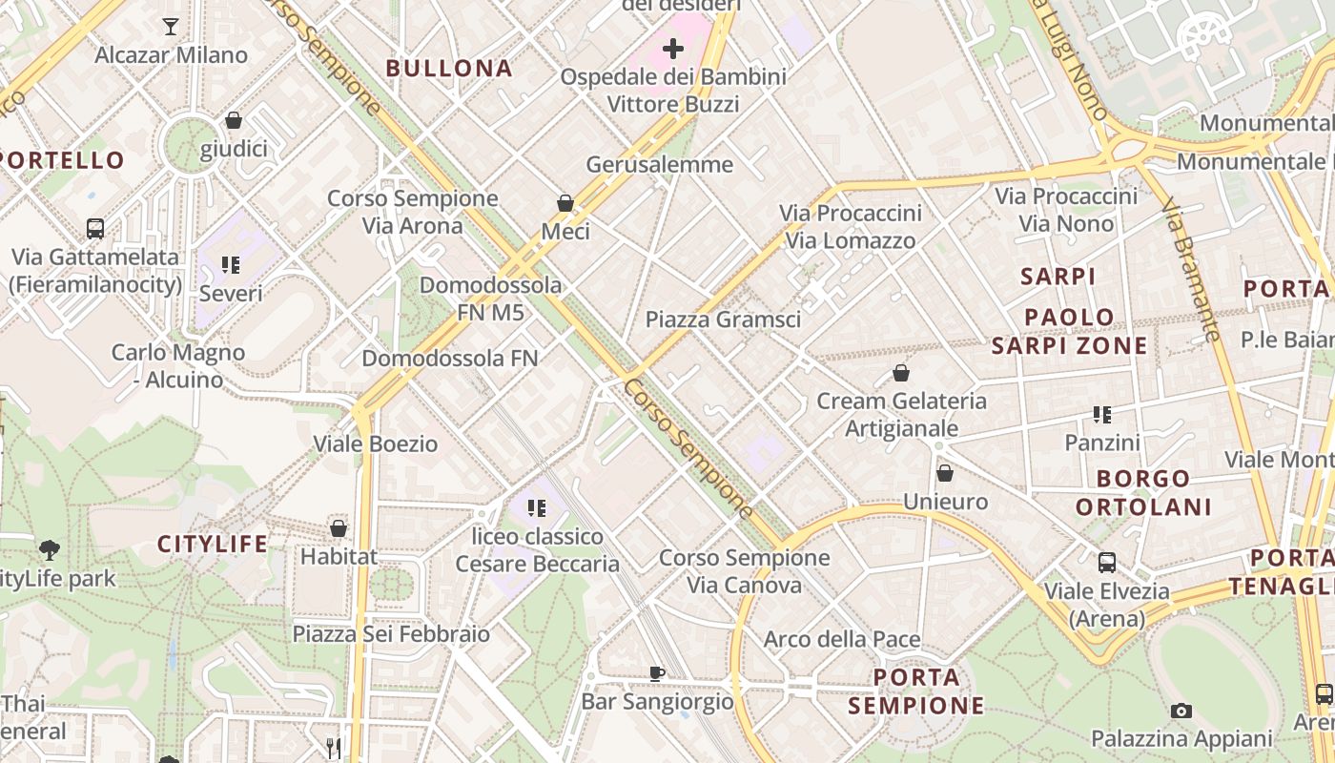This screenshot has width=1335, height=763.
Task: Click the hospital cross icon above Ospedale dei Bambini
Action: pyautogui.click(x=673, y=48)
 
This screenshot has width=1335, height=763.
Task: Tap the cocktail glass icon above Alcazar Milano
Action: pyautogui.click(x=171, y=27)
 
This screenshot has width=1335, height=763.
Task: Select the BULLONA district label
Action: pyautogui.click(x=449, y=69)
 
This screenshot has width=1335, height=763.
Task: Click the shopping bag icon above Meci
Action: pyautogui.click(x=565, y=203)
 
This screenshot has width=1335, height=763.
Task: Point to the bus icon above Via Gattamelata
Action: pyautogui.click(x=95, y=229)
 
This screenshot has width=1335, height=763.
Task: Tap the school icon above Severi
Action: pyautogui.click(x=231, y=264)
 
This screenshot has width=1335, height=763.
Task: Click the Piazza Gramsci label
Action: pyautogui.click(x=723, y=320)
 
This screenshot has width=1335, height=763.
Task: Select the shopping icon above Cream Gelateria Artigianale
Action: pyautogui.click(x=901, y=373)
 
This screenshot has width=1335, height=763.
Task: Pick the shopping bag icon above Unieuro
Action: pyautogui.click(x=945, y=473)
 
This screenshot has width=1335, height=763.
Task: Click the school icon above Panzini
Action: pyautogui.click(x=1102, y=415)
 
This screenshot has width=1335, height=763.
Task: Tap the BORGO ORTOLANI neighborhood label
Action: pyautogui.click(x=1143, y=492)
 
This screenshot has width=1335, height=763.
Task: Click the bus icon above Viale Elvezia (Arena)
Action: pyautogui.click(x=1107, y=563)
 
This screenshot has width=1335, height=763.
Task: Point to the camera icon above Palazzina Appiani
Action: pyautogui.click(x=1181, y=711)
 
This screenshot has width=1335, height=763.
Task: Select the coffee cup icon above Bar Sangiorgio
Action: pyautogui.click(x=657, y=673)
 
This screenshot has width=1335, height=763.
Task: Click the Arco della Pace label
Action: pyautogui.click(x=842, y=639)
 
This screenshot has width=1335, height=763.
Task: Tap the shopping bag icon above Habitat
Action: pyautogui.click(x=339, y=527)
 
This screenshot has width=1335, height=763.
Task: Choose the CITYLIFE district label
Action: pyautogui.click(x=213, y=545)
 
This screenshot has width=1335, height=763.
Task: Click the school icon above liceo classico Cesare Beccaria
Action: pyautogui.click(x=537, y=508)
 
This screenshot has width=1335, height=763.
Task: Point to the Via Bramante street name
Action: pyautogui.click(x=1192, y=269)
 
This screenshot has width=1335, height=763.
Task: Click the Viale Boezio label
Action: pyautogui.click(x=376, y=443)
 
